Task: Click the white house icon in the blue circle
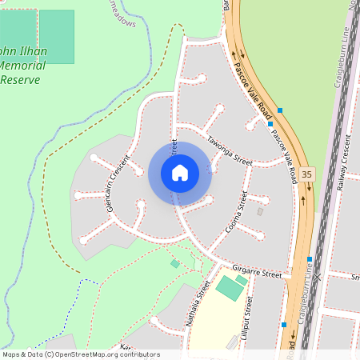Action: click(179, 173)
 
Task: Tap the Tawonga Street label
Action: click(230, 151)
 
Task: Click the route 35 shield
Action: click(309, 173)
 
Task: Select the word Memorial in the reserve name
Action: click(23, 66)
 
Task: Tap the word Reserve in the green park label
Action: click(21, 79)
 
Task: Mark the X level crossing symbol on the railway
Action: click(317, 277)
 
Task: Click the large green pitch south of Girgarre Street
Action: click(230, 288)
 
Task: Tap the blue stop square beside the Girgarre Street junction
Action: click(309, 259)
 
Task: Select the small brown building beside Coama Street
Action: click(259, 212)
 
